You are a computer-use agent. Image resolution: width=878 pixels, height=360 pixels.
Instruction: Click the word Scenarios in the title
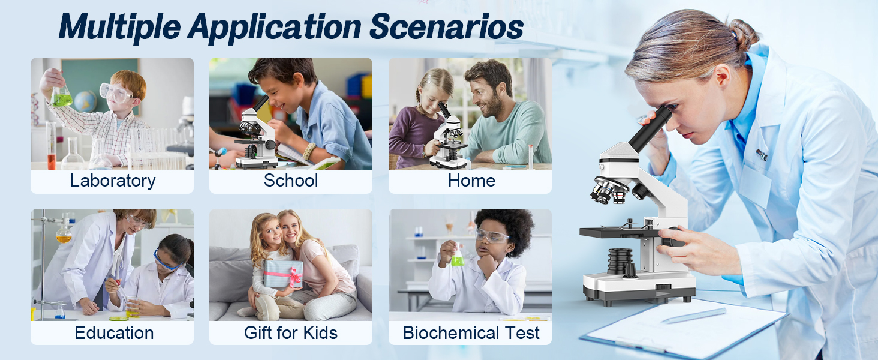point(446,26)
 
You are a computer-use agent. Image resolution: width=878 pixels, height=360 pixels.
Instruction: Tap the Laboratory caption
point(113,181)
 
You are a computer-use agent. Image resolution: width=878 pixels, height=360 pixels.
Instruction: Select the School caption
point(291,181)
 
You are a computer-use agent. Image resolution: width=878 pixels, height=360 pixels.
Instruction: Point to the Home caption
point(471,181)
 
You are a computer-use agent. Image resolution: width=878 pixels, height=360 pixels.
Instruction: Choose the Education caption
point(114,333)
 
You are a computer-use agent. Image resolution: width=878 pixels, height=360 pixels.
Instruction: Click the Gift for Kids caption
point(291,333)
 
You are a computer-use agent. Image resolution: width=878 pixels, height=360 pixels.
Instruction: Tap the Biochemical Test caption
point(471,333)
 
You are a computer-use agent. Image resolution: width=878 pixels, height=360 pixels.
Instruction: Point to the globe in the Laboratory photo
point(85,101)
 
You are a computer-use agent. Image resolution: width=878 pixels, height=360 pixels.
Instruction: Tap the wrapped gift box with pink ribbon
point(283,274)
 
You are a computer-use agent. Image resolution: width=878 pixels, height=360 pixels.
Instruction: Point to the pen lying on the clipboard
point(694,315)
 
